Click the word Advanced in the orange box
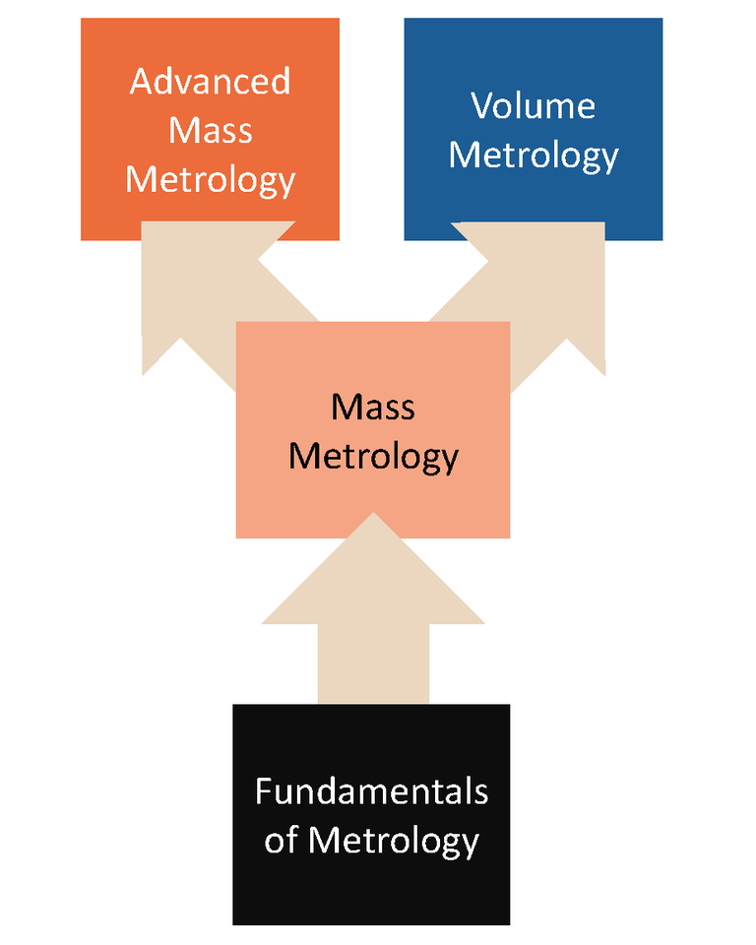pos(210,81)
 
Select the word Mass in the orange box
pos(210,131)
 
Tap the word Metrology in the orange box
pos(210,180)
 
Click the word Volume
pos(533,105)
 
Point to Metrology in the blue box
pos(533,156)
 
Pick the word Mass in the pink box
pos(372,407)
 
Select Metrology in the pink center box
pos(372,457)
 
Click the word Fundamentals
pos(371,791)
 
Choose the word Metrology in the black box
pos(394,842)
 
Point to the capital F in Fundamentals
pos(262,791)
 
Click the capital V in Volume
pos(479,105)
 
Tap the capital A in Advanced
pos(141,81)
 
